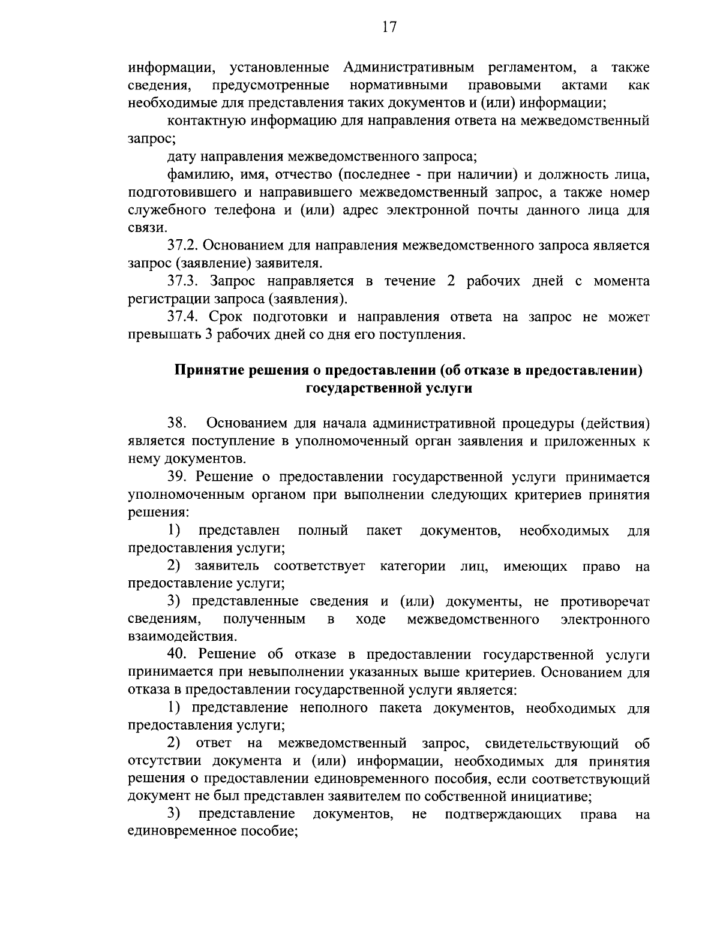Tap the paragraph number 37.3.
click(x=184, y=281)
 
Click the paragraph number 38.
click(x=178, y=423)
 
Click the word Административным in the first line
click(x=410, y=67)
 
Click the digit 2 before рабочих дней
click(x=451, y=281)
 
